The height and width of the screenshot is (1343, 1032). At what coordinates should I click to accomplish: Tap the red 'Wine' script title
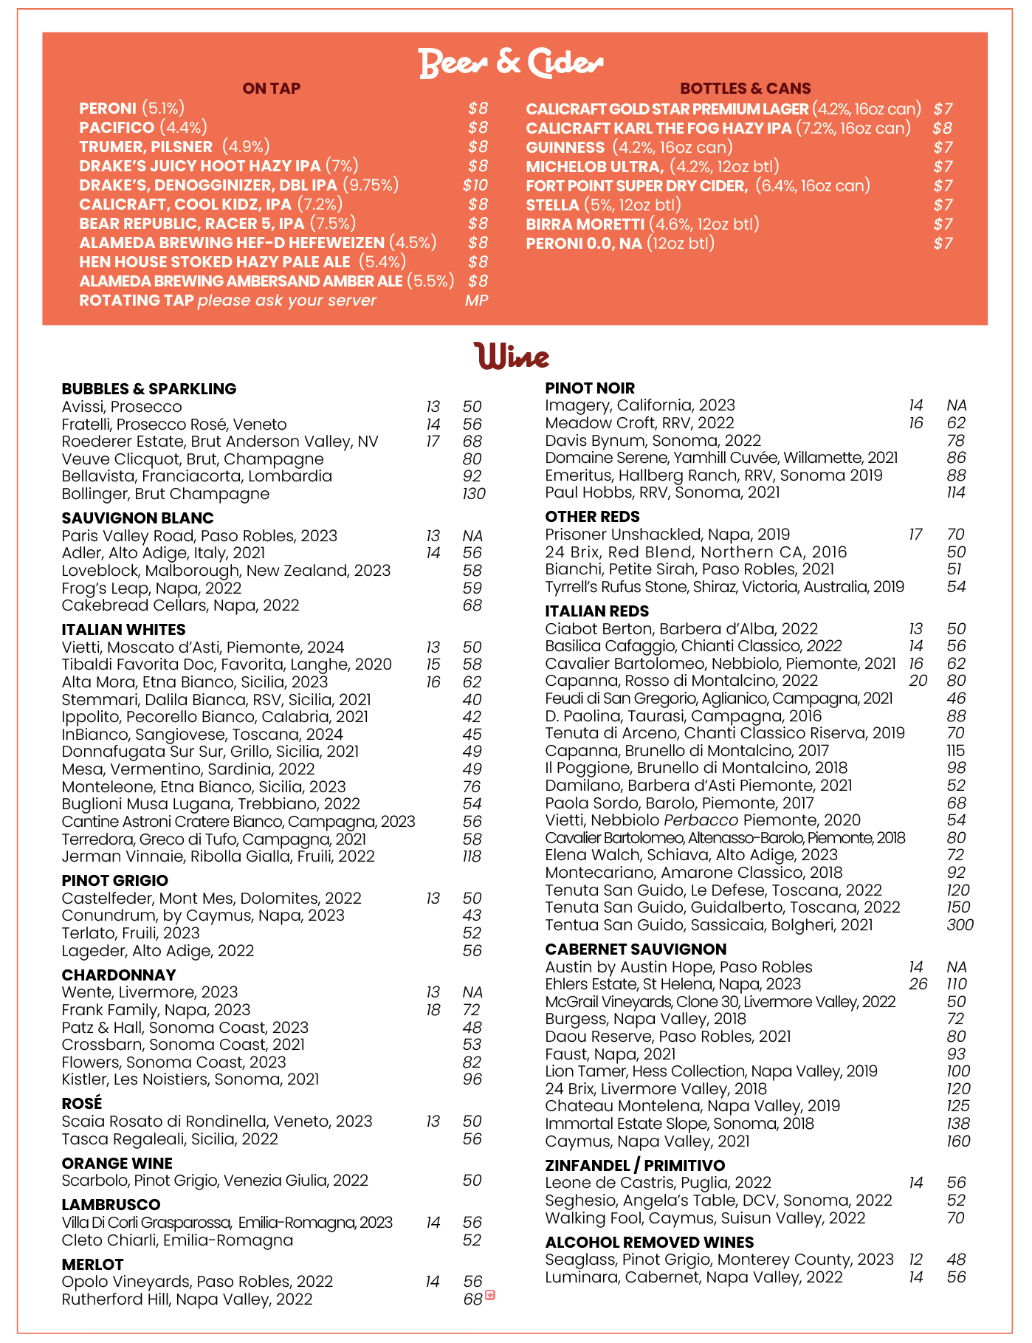point(512,357)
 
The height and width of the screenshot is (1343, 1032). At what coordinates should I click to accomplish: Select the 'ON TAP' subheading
point(271,89)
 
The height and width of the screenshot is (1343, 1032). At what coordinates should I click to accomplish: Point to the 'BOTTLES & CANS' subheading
point(746,89)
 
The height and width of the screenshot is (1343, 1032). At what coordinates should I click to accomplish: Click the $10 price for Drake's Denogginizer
point(475,185)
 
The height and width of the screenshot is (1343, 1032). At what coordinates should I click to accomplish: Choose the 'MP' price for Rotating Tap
point(476,300)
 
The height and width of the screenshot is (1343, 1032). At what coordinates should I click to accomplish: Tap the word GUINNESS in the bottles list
point(565,148)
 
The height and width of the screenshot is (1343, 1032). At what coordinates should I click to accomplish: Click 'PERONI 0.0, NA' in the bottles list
point(584,244)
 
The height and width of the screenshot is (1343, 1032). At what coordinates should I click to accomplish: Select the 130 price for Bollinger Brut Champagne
point(474,494)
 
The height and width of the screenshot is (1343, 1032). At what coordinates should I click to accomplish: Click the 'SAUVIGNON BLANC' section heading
point(138,518)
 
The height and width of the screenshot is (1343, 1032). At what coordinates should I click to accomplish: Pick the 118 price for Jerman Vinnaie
point(472,856)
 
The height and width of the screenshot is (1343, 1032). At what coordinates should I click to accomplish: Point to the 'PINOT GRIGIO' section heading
point(115,881)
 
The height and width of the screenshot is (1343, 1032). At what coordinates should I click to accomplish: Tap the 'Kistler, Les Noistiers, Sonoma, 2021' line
point(190,1079)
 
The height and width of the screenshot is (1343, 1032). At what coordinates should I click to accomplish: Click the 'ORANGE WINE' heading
point(117,1164)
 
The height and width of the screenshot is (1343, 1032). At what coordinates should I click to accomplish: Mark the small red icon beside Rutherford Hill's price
point(489,1295)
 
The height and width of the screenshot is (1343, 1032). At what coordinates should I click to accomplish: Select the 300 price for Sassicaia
point(960,925)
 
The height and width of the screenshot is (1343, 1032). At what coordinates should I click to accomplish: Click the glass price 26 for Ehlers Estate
point(918,984)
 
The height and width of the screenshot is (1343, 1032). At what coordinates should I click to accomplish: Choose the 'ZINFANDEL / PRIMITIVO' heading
point(635,1166)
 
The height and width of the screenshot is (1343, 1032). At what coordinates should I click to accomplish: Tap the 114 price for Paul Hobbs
point(956,492)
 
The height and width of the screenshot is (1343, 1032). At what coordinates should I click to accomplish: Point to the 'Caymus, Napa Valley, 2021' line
point(647,1141)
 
